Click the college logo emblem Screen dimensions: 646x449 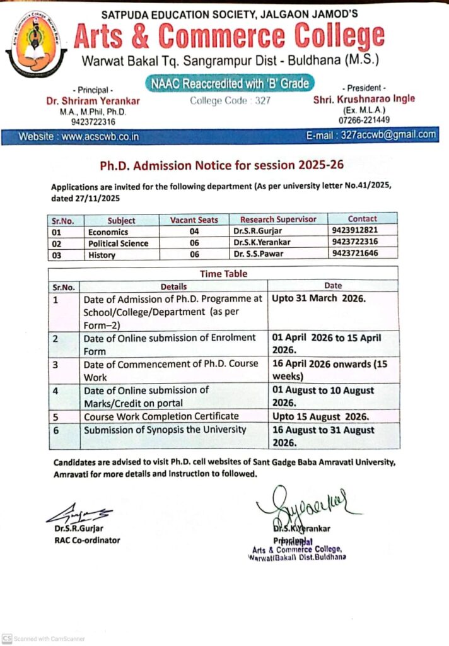click(x=36, y=42)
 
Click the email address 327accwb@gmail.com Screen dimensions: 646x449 click(x=388, y=135)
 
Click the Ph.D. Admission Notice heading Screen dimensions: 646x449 click(x=222, y=165)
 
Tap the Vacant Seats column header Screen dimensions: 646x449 click(x=194, y=220)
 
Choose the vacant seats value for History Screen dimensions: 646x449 click(x=194, y=254)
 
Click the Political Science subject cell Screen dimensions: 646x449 click(x=119, y=243)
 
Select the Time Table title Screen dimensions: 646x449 click(x=224, y=274)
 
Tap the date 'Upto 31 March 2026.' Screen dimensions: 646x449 click(x=318, y=298)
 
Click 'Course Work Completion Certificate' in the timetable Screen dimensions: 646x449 click(x=161, y=416)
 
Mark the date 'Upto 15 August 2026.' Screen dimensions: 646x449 click(x=320, y=416)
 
